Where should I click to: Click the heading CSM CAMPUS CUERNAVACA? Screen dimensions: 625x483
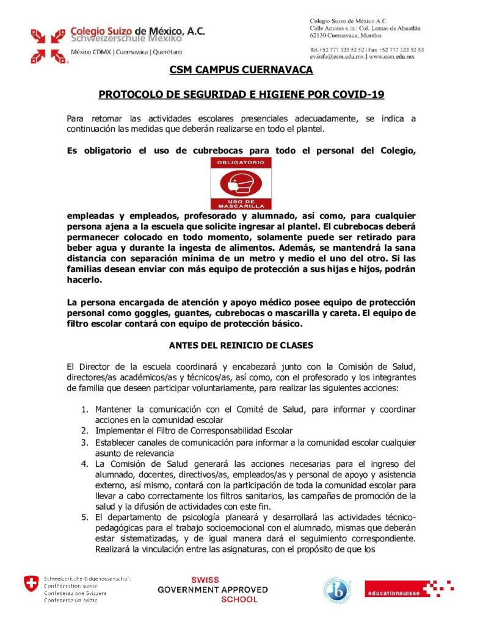[241, 70]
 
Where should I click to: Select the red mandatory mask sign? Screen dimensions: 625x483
[241, 184]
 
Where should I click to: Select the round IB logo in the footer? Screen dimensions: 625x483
[336, 590]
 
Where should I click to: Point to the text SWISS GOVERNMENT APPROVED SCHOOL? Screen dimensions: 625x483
[212, 590]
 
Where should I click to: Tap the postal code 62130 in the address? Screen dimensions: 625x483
[320, 37]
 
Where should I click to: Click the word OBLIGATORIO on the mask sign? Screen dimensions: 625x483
[241, 162]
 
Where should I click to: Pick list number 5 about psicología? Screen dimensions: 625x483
[86, 518]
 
